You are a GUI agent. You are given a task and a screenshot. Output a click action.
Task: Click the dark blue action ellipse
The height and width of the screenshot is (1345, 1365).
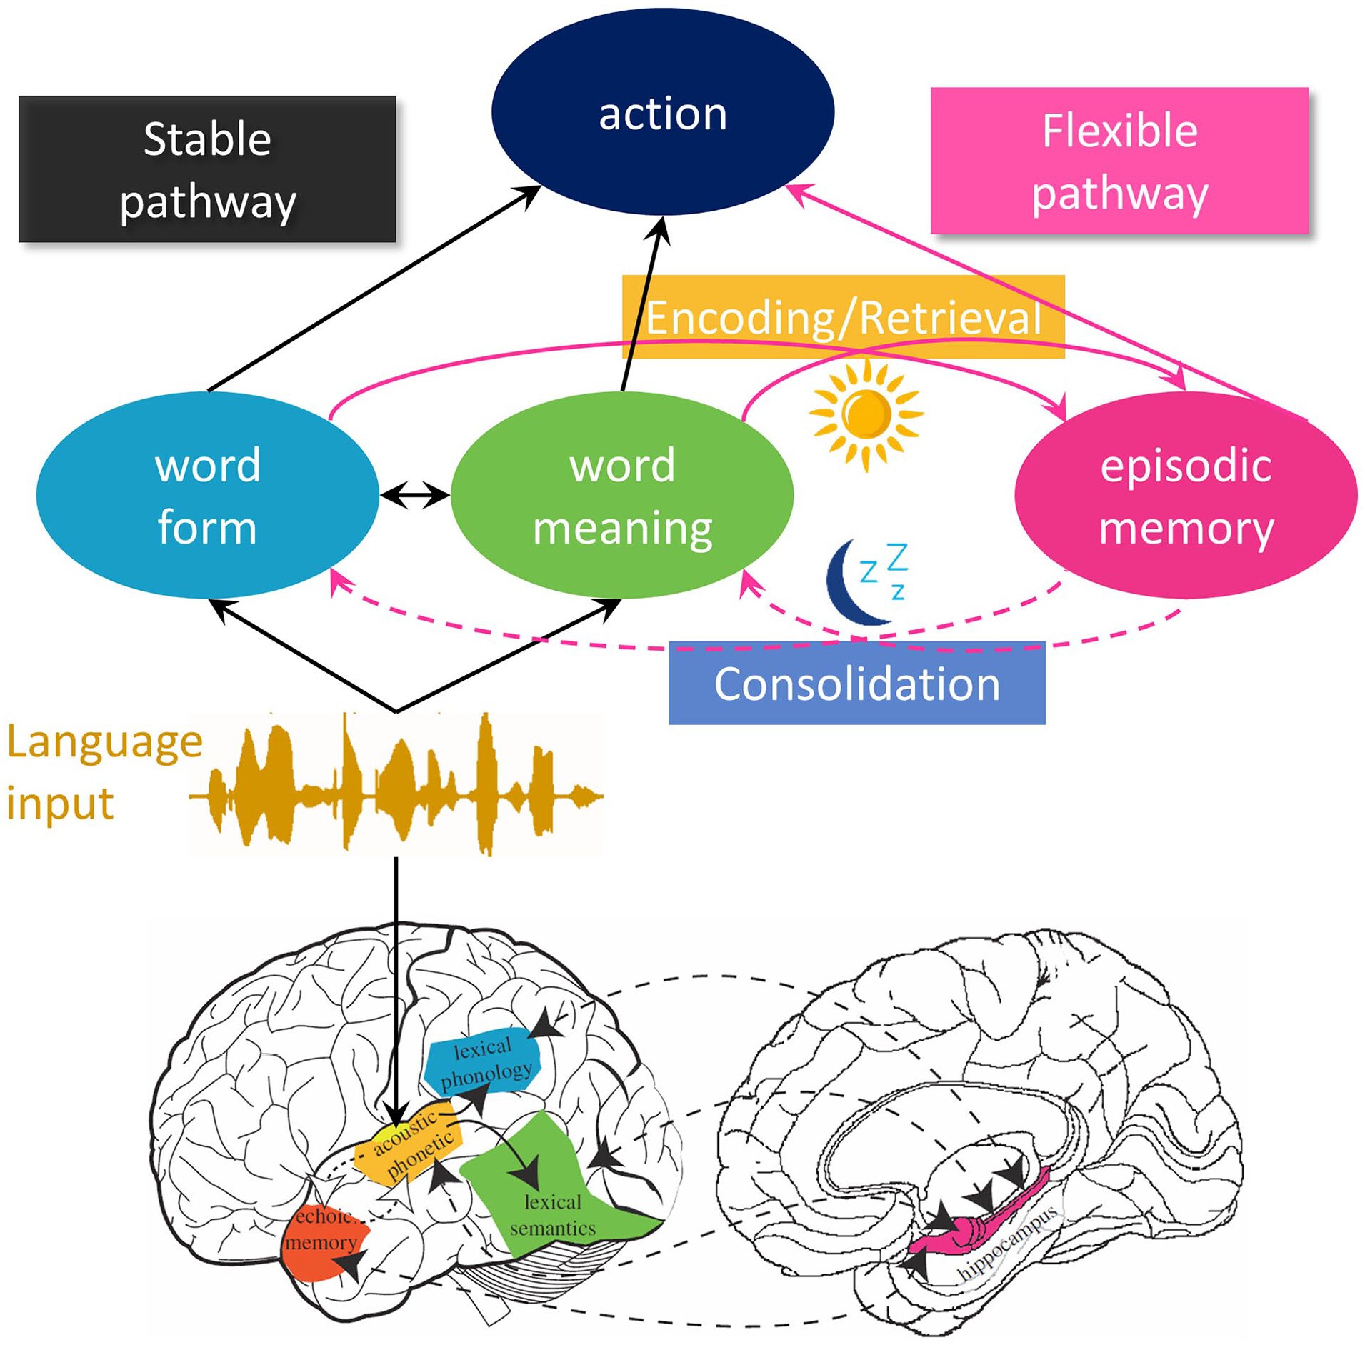click(x=662, y=112)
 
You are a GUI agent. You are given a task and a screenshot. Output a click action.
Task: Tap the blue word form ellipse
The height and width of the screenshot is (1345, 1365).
click(x=206, y=496)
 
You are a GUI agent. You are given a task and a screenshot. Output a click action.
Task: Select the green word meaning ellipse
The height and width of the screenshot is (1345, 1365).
click(x=621, y=496)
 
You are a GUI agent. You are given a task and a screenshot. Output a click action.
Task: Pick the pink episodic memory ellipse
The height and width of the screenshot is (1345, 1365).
click(x=1185, y=496)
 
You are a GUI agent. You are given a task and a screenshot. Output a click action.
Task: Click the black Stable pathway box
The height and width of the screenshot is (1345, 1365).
click(x=207, y=169)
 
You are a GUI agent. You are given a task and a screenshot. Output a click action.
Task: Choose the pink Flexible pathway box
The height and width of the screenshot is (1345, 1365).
click(x=1119, y=161)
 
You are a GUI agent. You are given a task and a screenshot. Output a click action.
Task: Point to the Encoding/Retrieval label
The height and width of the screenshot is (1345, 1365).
click(x=843, y=317)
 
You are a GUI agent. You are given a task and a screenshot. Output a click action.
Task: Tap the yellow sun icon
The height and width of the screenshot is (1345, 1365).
click(x=866, y=414)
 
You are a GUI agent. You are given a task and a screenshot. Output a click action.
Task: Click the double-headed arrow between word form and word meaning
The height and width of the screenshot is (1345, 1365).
click(x=414, y=495)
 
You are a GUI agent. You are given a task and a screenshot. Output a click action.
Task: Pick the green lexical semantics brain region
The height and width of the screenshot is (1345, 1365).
click(x=550, y=1200)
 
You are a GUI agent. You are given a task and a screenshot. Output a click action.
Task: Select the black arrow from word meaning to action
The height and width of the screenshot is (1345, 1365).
click(x=643, y=307)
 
